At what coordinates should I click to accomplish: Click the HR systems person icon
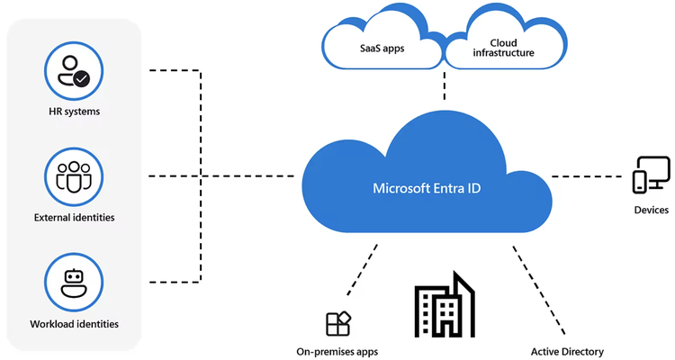pos(74,71)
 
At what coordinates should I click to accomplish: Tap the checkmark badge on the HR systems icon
pos(81,79)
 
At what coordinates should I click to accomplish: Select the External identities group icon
pos(74,176)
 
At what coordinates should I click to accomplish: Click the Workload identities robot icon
pos(74,283)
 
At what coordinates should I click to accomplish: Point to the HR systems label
pos(75,112)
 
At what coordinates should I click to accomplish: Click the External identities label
pos(75,218)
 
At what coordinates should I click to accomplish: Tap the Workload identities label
pos(75,324)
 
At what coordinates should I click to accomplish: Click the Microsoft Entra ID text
pos(427,188)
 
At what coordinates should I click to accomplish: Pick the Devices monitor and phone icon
pos(651,175)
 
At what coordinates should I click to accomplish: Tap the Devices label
pos(652,210)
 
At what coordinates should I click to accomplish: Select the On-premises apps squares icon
pos(338,324)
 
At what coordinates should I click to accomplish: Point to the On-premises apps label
pos(337,352)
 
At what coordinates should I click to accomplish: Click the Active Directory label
pos(567,352)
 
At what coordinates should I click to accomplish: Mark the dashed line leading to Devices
pos(587,176)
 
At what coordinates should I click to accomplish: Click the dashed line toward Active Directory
pos(539,291)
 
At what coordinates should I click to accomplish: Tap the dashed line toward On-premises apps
pos(363,270)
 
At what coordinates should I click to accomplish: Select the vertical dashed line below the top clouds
pos(445,85)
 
